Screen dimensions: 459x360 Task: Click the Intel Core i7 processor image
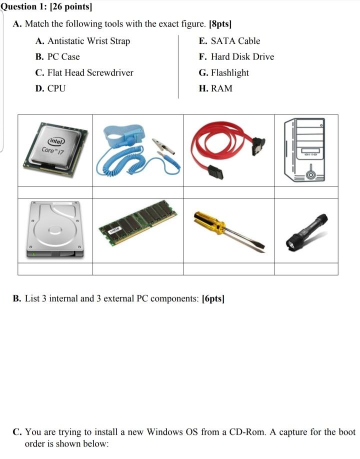55,149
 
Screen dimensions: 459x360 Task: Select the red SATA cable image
228,150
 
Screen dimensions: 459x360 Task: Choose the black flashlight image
306,231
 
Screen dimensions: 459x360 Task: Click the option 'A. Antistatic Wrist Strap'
82,41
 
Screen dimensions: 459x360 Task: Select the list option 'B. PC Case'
57,57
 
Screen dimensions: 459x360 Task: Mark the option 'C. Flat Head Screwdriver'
84,73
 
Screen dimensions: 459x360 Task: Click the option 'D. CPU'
50,89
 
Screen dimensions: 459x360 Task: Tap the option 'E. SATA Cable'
229,41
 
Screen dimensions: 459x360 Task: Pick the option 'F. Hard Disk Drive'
236,57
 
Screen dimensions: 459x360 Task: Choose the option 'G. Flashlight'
223,73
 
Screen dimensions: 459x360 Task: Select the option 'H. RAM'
215,89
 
